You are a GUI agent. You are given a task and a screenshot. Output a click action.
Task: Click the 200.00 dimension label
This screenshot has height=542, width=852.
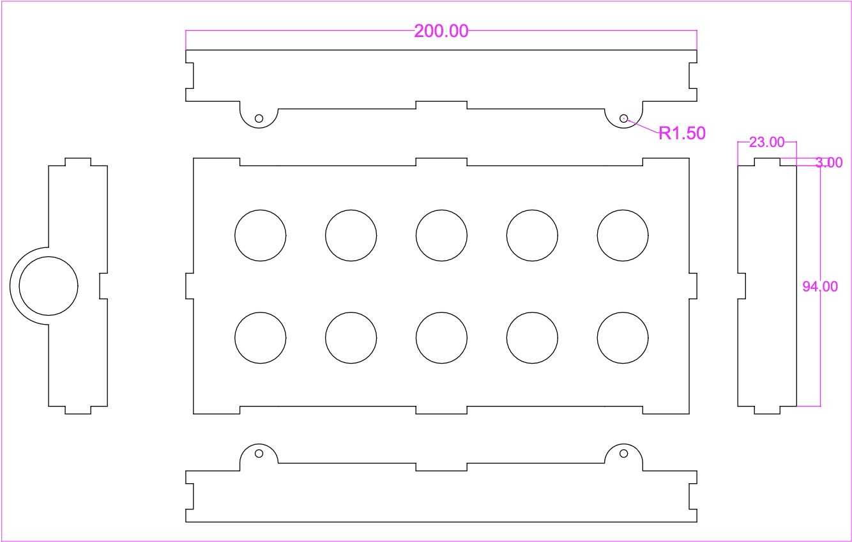[441, 31]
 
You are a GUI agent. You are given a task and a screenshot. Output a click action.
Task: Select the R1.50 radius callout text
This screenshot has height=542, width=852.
[682, 134]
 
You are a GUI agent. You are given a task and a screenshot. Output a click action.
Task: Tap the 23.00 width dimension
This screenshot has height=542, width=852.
[766, 142]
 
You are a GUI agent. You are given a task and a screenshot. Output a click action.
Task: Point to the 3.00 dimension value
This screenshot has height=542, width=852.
[829, 163]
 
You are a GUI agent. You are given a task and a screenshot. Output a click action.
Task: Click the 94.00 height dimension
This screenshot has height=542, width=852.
[820, 287]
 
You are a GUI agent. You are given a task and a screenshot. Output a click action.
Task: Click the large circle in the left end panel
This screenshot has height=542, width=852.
[49, 286]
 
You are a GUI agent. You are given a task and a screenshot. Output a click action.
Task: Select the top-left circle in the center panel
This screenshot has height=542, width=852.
[261, 235]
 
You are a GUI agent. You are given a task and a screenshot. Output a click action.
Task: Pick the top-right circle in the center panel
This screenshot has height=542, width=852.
[623, 235]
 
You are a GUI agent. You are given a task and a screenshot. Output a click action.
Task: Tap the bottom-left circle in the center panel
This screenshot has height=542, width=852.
[261, 337]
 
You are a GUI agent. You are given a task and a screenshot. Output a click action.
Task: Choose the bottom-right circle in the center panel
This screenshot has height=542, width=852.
[623, 337]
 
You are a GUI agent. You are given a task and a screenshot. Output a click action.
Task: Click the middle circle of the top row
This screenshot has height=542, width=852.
[441, 235]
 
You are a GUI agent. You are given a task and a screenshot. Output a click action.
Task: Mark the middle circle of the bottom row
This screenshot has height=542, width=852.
[441, 337]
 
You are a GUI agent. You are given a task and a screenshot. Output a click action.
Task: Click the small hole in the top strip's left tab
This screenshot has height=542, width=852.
[259, 118]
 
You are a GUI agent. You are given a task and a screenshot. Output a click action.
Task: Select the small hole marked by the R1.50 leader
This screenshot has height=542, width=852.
[624, 118]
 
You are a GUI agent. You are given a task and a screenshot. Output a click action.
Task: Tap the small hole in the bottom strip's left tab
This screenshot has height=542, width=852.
[259, 453]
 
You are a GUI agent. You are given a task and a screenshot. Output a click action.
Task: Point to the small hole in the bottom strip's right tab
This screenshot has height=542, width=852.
[624, 453]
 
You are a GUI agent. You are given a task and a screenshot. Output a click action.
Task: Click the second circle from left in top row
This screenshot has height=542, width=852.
[351, 235]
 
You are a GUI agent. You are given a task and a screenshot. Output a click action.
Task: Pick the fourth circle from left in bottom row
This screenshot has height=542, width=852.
[532, 337]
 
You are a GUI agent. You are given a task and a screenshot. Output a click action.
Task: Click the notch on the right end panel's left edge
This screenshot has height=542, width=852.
[742, 286]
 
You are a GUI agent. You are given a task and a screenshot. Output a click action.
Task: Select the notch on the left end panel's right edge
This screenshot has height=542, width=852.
[103, 286]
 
